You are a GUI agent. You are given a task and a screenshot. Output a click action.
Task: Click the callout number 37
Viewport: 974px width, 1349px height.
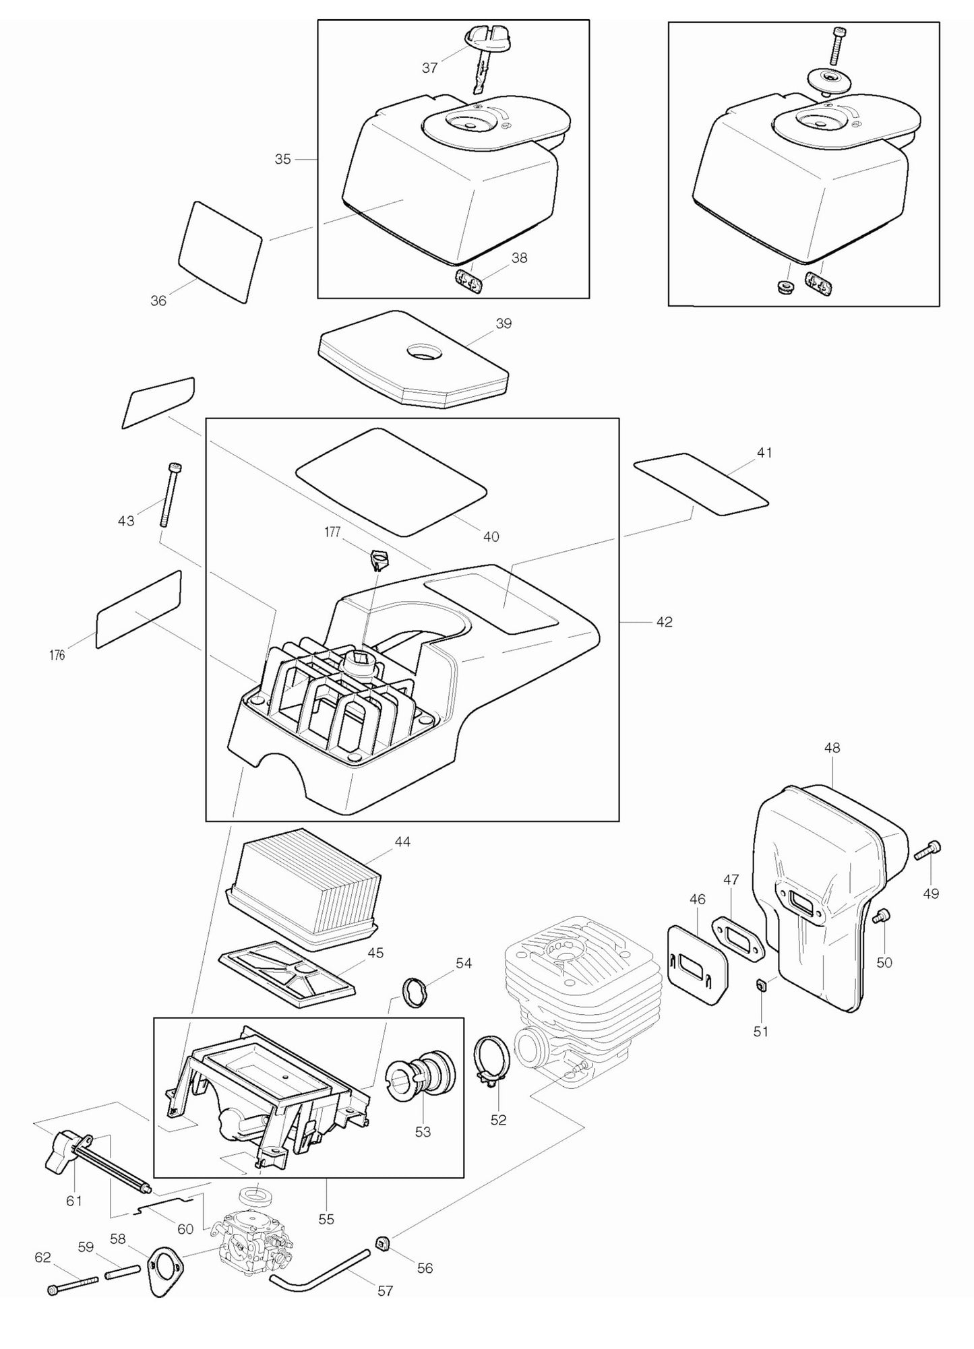429,67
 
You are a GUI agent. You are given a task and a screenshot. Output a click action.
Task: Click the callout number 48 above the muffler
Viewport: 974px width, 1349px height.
832,747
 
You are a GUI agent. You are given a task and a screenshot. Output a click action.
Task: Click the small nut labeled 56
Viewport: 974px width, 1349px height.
383,1241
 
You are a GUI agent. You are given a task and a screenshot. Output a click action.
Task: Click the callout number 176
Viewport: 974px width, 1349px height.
57,655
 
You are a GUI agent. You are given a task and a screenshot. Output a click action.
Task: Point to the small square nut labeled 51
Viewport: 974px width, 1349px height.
760,986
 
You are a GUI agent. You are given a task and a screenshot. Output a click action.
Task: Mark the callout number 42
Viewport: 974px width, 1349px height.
664,622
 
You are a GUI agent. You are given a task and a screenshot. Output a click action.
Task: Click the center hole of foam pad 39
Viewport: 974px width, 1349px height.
423,351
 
